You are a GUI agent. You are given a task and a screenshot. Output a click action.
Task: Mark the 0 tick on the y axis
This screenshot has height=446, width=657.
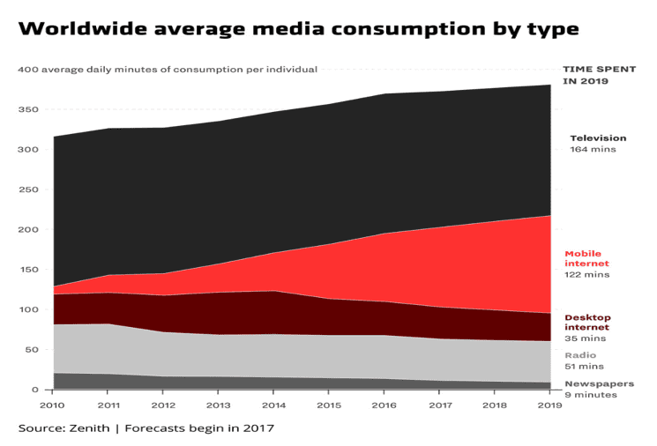click(x=34, y=390)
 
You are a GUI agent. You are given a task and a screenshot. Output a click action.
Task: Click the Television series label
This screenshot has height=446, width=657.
click(x=598, y=138)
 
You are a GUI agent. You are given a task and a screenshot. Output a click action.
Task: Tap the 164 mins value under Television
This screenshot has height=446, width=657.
click(x=593, y=150)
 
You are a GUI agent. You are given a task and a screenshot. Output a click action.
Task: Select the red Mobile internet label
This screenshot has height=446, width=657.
click(x=586, y=258)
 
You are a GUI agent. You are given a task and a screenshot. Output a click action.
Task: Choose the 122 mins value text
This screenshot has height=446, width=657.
click(x=587, y=275)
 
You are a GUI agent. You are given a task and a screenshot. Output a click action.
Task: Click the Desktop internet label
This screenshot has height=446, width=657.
click(x=587, y=322)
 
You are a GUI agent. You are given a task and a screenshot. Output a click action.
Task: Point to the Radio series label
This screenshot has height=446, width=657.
click(x=580, y=355)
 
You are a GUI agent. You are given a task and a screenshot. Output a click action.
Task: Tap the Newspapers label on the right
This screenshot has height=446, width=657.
click(x=599, y=383)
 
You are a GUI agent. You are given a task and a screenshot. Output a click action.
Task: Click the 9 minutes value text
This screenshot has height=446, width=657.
click(x=591, y=395)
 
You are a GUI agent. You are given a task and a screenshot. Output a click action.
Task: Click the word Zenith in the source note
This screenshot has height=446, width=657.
click(x=90, y=428)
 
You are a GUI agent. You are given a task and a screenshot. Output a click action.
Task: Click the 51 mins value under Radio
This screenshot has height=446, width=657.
click(x=584, y=367)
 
